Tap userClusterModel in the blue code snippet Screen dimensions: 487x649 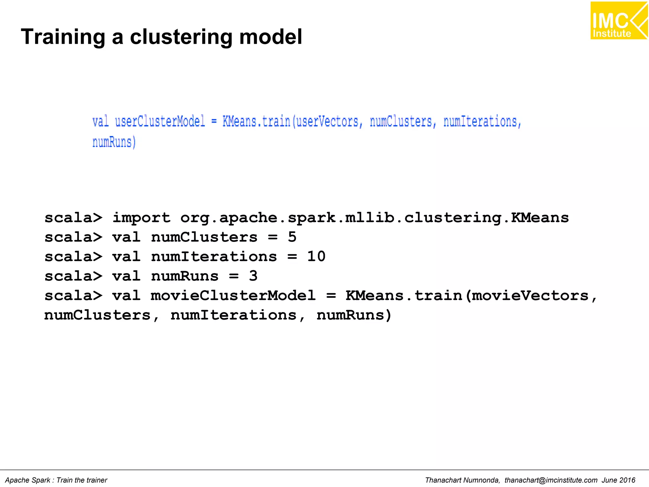coord(160,121)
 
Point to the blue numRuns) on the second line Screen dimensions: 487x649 coord(114,142)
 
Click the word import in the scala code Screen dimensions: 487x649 coord(141,218)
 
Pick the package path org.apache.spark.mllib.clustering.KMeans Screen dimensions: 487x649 coord(374,218)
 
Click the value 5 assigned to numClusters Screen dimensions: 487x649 coord(292,237)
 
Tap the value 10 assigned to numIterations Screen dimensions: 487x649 coord(316,256)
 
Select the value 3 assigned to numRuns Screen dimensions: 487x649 coord(253,276)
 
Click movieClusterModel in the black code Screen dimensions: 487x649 coord(233,295)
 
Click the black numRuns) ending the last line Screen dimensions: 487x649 coord(354,315)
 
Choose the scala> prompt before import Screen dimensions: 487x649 coord(74,218)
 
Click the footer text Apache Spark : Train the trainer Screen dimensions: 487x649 coord(56,480)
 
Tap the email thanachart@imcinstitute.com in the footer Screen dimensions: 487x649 coord(551,480)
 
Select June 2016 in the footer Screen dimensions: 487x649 coord(618,480)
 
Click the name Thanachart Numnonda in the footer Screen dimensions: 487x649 coord(462,480)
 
